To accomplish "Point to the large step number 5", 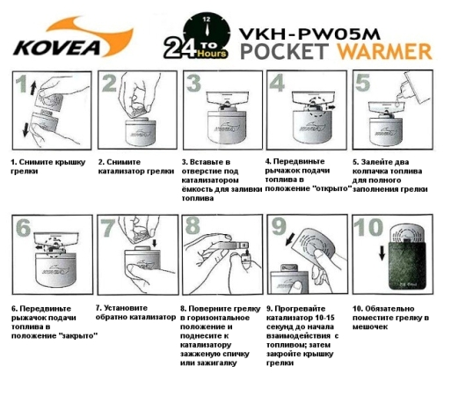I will coord(361,84).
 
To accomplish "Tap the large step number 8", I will coord(192,228).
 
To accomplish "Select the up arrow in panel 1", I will coord(33,89).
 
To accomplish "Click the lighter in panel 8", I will coord(241,261).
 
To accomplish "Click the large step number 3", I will coord(191,85).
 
